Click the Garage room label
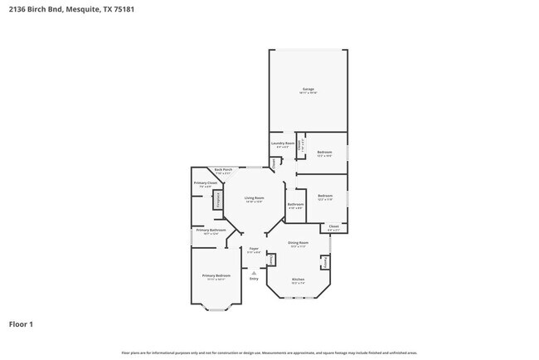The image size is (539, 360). pos(308,89)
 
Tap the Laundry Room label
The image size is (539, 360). pos(283,144)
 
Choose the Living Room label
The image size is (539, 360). pos(254,199)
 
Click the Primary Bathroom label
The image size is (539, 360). pos(211,231)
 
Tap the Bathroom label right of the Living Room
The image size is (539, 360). pos(295,205)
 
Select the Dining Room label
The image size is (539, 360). pos(298,244)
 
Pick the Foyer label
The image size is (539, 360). pos(254,249)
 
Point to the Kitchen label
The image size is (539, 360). pos(298,280)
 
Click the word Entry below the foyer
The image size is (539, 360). pos(254,279)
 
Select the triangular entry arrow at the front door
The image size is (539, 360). pos(254,272)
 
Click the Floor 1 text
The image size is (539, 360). pos(22,324)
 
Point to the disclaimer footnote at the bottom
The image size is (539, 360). pos(269,353)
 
